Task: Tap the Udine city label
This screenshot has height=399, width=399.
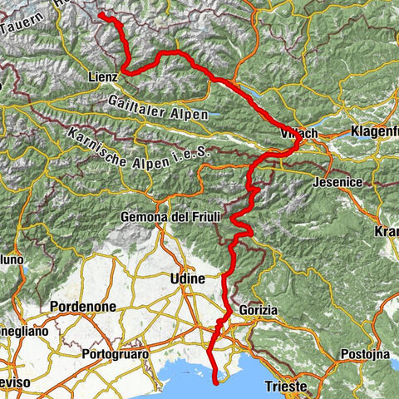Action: coord(187,278)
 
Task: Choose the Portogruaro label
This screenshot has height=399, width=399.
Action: coord(116,354)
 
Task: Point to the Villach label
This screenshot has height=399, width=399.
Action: coord(301,134)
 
